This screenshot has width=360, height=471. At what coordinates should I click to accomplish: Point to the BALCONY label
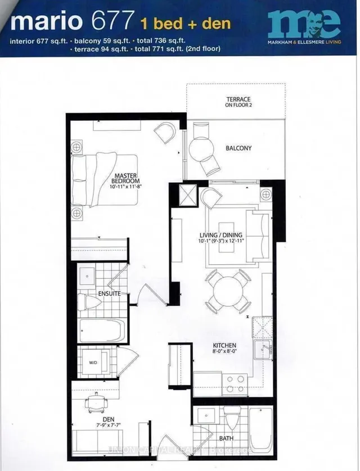coord(238,148)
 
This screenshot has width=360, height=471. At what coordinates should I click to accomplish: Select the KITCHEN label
coord(224,345)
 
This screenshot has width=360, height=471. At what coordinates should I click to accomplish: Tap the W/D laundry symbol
coord(93,362)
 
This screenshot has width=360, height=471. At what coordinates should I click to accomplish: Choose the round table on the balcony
coord(200,148)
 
